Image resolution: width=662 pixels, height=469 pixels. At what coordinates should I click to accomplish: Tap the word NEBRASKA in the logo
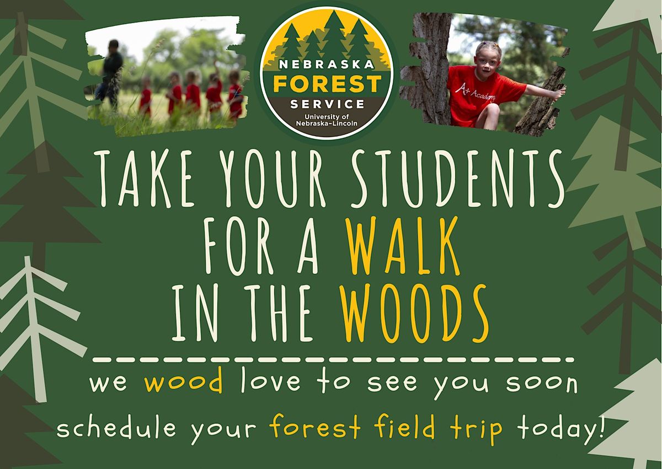click(327, 65)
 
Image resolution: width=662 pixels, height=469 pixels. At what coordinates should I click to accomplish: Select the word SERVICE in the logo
click(327, 103)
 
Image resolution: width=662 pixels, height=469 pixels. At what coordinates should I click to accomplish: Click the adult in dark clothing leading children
click(111, 72)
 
